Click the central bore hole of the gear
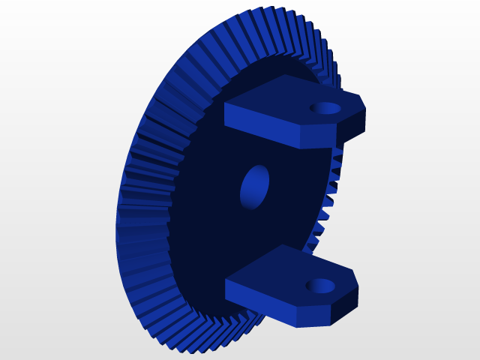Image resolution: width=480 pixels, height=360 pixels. click(x=254, y=187)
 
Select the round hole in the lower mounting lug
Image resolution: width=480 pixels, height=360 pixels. click(x=320, y=286)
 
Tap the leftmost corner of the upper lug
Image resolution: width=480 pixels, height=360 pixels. click(x=226, y=105)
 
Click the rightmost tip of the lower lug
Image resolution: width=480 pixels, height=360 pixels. click(x=358, y=286)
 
